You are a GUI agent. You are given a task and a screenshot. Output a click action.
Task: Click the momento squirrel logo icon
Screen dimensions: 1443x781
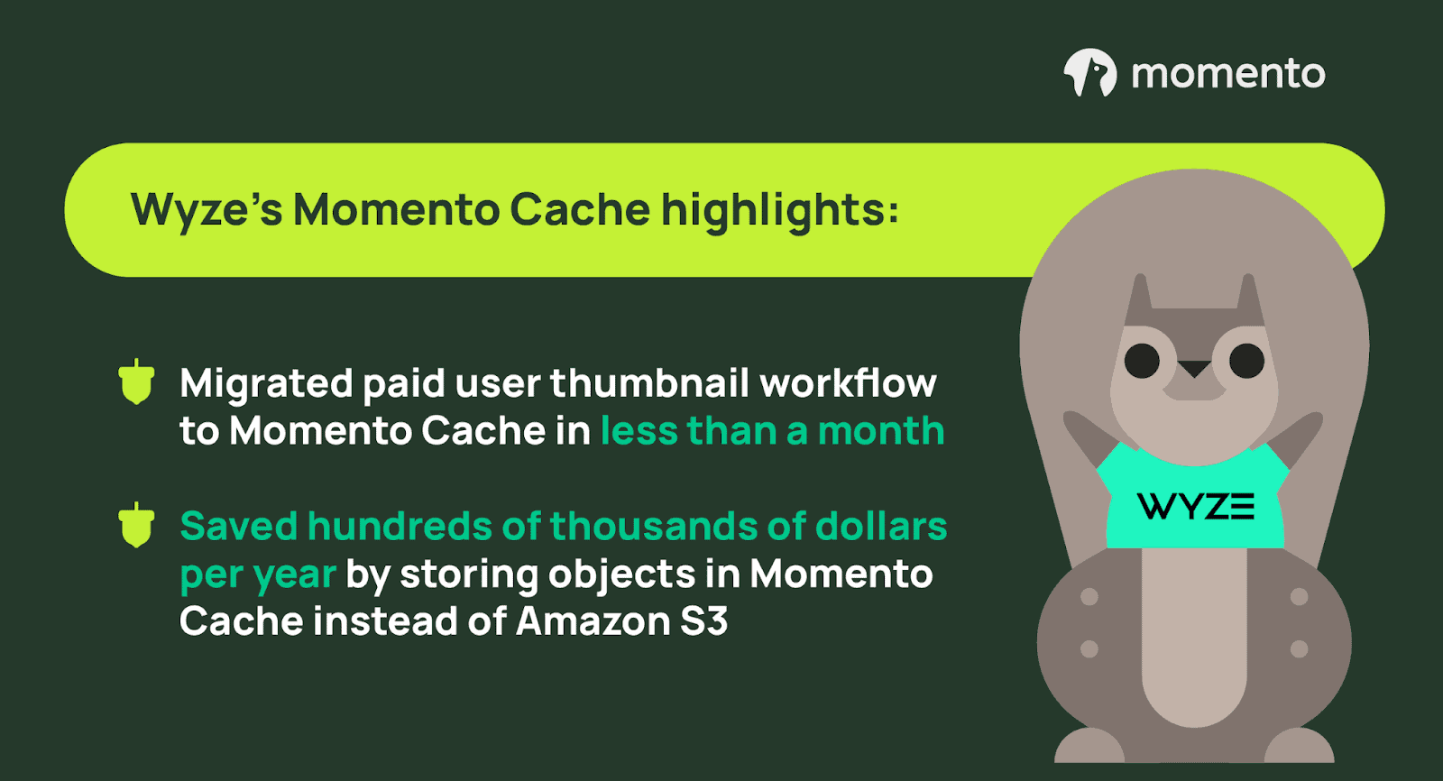coord(1090,72)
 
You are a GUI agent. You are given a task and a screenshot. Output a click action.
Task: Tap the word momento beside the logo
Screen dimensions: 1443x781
coord(1228,73)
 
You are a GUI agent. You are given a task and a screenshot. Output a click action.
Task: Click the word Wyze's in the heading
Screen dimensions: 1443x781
coord(207,210)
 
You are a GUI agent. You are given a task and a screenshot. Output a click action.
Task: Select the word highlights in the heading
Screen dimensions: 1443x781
coord(780,210)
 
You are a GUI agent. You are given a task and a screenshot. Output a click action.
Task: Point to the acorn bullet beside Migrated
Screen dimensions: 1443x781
coord(136,381)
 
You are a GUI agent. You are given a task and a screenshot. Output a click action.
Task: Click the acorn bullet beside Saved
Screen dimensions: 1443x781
coord(136,525)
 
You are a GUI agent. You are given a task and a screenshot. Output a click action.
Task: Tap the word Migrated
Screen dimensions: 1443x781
coord(267,385)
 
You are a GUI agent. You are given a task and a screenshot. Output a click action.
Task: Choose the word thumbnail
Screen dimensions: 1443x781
coord(649,383)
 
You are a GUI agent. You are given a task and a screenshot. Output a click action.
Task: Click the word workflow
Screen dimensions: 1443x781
coord(848,383)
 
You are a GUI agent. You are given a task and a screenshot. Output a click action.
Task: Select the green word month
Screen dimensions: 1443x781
coord(881,430)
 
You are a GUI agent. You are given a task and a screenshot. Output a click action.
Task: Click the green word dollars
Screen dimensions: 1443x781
coord(881,526)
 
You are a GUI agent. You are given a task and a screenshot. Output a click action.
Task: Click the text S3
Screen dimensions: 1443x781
coord(704,621)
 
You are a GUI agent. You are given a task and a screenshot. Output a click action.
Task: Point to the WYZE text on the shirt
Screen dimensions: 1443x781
coord(1196,507)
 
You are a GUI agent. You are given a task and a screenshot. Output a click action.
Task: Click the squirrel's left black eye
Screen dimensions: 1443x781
coord(1142,361)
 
